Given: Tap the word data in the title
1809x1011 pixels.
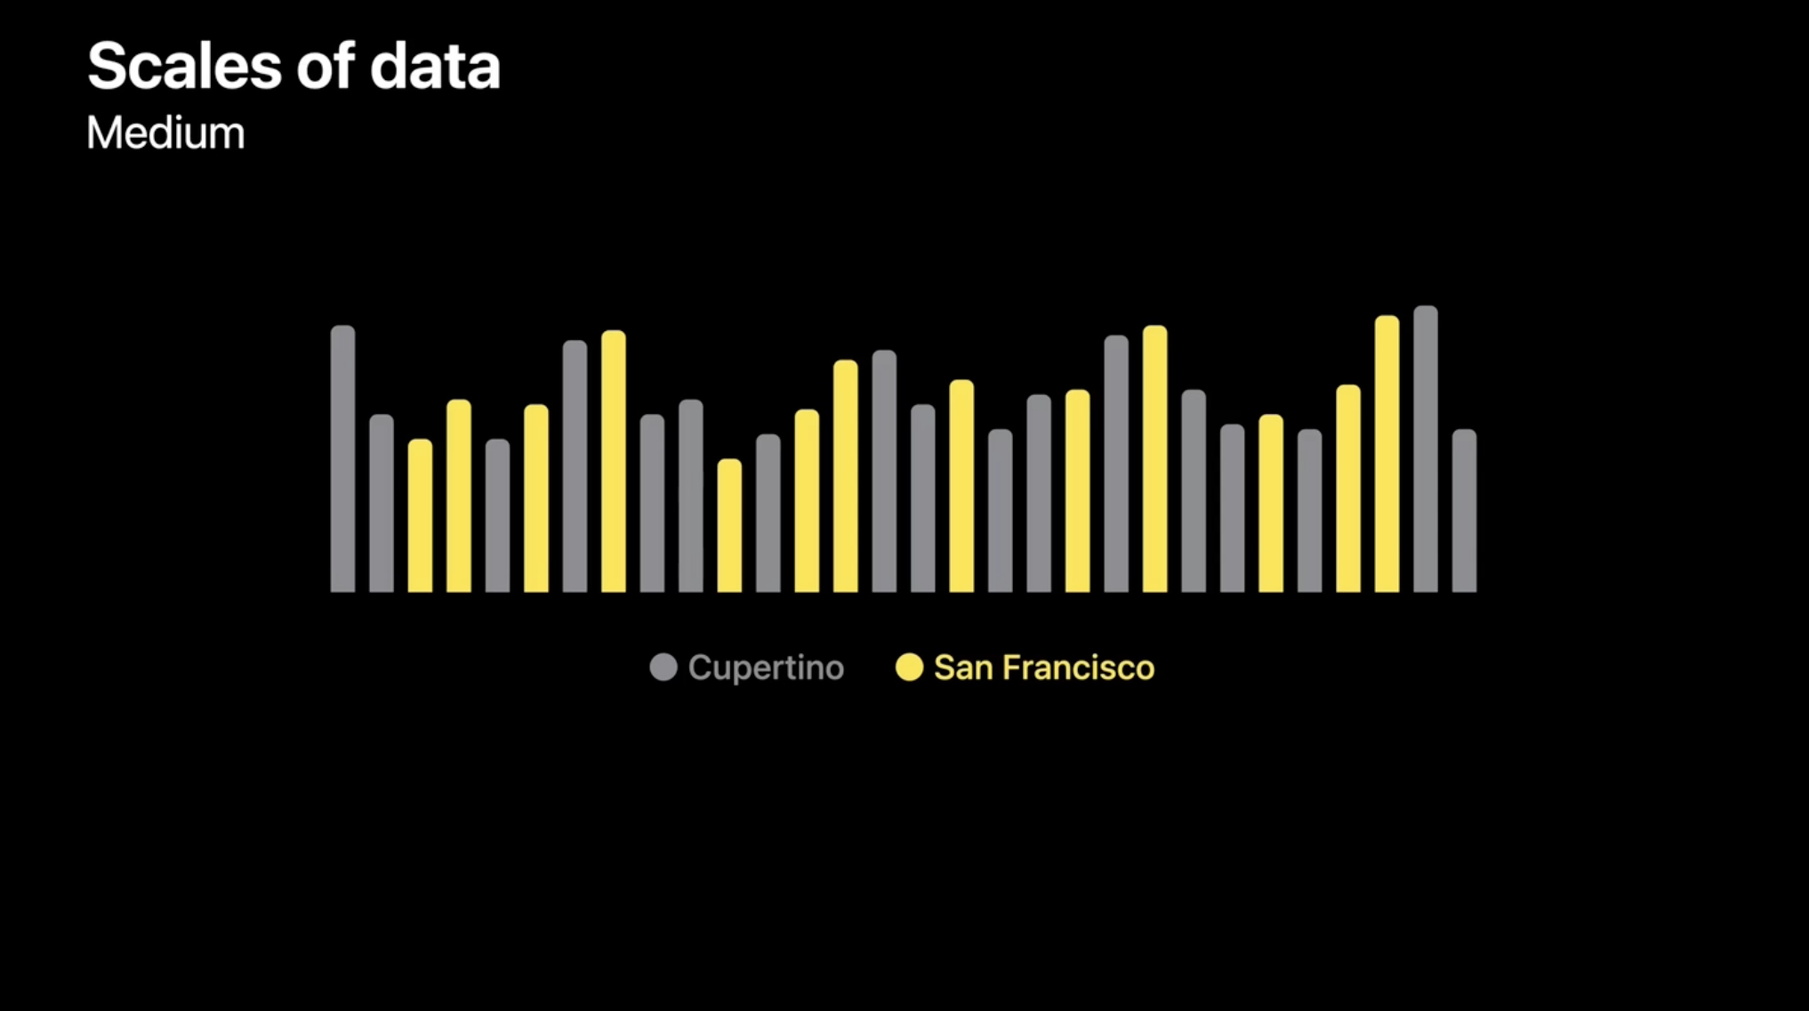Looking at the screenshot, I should pyautogui.click(x=435, y=67).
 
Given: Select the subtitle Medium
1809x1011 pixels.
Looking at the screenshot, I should pyautogui.click(x=165, y=133).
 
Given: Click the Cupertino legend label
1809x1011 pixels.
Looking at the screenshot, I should pyautogui.click(x=766, y=667).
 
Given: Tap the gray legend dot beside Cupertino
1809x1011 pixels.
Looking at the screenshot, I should pyautogui.click(x=663, y=667).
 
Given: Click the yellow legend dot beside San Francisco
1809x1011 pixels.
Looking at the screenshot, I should pyautogui.click(x=909, y=667).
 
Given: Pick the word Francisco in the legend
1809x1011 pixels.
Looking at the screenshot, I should pyautogui.click(x=1078, y=667).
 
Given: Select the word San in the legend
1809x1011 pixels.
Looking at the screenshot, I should pyautogui.click(x=963, y=667).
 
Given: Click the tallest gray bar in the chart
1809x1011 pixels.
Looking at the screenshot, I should pyautogui.click(x=1426, y=449).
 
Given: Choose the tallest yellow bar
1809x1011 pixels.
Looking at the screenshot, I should pyautogui.click(x=1387, y=454).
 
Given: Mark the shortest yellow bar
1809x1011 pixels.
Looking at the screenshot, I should pyautogui.click(x=729, y=525).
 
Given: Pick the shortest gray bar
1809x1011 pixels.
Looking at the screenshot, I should pyautogui.click(x=497, y=516).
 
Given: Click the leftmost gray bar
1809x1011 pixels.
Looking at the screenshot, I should pyautogui.click(x=342, y=458).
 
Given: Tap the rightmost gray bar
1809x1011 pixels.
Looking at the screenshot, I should pyautogui.click(x=1464, y=512).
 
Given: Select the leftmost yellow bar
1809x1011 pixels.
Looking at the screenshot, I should pyautogui.click(x=420, y=516).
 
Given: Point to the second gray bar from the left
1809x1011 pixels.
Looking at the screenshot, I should pyautogui.click(x=382, y=503).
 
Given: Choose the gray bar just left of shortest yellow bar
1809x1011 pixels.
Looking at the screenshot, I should pyautogui.click(x=691, y=496).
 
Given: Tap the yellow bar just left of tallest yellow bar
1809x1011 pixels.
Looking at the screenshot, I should pyautogui.click(x=1348, y=489).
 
